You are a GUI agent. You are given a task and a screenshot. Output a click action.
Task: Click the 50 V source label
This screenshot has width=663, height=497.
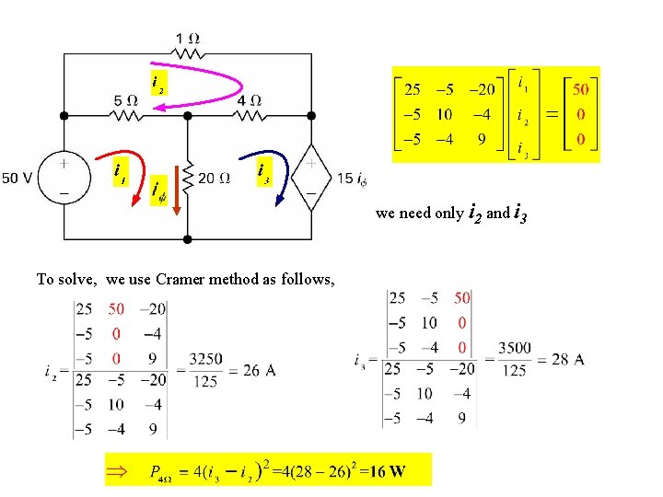pos(19,178)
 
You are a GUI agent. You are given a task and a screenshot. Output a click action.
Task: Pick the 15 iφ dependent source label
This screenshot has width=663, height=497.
pos(351,178)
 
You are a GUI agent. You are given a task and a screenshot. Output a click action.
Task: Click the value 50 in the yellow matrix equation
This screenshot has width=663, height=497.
pos(581,90)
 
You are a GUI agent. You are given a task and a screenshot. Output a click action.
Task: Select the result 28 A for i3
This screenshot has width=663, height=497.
pos(566,360)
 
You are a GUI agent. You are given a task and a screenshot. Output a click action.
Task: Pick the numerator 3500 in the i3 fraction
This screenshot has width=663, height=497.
pos(515,349)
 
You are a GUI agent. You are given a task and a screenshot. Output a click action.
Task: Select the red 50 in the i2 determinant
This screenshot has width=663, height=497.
pos(116,309)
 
